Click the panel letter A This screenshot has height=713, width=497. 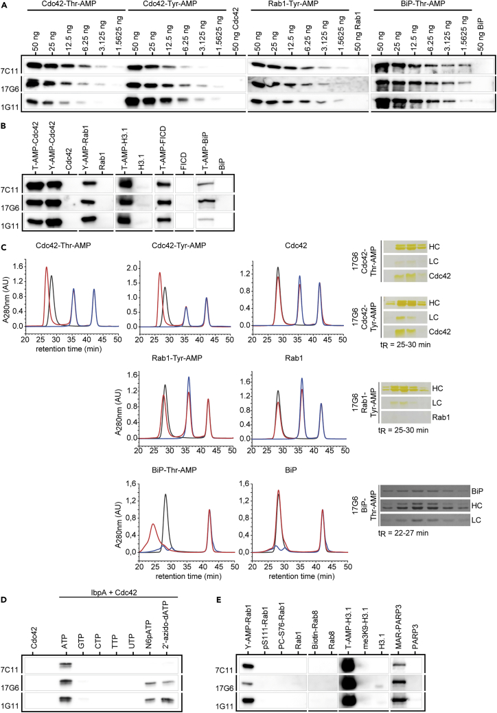coord(4,5)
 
